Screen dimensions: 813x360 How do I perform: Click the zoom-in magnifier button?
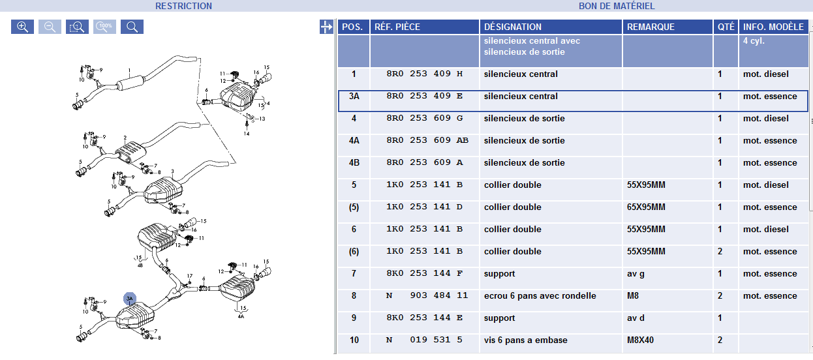tap(22, 27)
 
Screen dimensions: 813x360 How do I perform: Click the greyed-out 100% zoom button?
tap(104, 27)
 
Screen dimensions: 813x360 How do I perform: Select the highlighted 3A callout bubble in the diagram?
tap(130, 299)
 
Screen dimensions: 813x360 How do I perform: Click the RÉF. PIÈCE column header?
tap(397, 27)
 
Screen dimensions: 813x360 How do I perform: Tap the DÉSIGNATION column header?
tap(512, 27)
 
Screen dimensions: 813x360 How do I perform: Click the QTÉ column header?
tap(726, 27)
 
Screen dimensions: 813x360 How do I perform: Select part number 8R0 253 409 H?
tap(424, 74)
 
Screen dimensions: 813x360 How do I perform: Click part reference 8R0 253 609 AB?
tap(427, 140)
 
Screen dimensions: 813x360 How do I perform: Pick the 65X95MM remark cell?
tap(646, 207)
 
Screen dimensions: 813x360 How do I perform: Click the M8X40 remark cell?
tap(640, 340)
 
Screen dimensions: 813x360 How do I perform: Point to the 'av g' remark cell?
tap(636, 274)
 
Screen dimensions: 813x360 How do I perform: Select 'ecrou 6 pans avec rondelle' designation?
tap(540, 296)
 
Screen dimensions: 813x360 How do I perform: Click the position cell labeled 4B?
tap(354, 162)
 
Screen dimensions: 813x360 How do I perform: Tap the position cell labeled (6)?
tap(354, 252)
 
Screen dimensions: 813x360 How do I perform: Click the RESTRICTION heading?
tap(183, 6)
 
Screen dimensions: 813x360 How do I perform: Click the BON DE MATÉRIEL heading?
tap(617, 6)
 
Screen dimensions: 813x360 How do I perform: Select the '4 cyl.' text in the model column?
tap(754, 41)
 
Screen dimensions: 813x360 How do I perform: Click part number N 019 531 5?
tap(424, 340)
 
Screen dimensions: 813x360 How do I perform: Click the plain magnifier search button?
tap(132, 27)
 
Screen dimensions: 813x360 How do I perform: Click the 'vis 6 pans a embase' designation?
tap(525, 340)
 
